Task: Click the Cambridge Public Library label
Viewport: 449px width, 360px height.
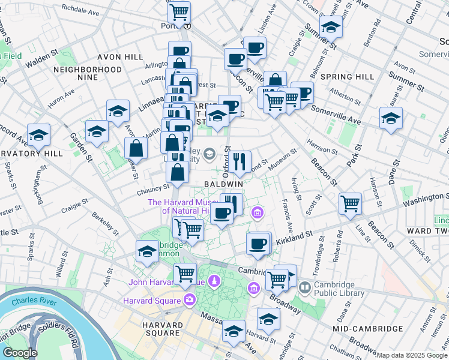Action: click(340, 289)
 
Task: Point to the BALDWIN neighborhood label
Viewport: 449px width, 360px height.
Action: click(223, 183)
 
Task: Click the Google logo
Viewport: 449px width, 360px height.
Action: click(19, 353)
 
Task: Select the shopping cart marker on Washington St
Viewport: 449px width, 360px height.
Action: click(349, 203)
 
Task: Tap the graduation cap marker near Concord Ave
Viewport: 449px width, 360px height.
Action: click(39, 135)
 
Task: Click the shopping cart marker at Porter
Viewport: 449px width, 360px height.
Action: click(179, 11)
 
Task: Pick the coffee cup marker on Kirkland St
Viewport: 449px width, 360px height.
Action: click(258, 244)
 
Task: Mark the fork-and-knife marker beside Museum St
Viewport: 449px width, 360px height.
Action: click(240, 161)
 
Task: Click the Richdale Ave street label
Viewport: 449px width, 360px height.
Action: click(80, 10)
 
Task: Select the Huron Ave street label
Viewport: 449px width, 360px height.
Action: click(61, 97)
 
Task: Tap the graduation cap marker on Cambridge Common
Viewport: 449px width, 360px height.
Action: click(146, 252)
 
